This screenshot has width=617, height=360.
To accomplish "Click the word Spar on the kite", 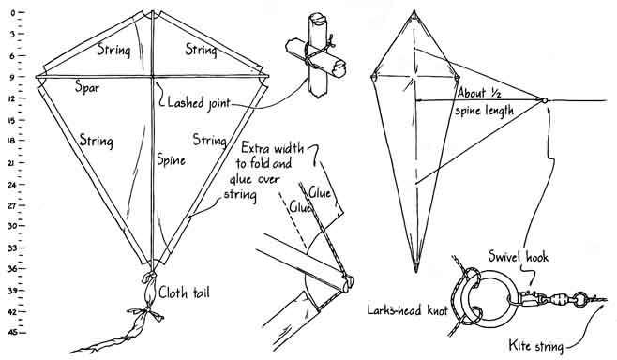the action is (87, 87).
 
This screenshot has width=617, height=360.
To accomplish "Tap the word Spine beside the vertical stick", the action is (171, 159).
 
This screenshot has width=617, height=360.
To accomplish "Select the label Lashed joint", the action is (199, 103).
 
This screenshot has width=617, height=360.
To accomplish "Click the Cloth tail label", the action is (184, 292).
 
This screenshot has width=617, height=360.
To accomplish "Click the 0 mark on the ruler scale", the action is (13, 12).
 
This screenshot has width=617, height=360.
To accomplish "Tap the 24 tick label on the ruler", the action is (12, 184).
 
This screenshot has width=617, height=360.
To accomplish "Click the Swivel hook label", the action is (519, 257).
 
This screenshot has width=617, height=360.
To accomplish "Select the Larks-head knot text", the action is (408, 310).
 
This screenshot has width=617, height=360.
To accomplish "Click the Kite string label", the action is (536, 346).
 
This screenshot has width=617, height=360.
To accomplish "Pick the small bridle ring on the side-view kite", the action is (545, 100).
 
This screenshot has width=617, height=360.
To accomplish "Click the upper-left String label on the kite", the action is (113, 50).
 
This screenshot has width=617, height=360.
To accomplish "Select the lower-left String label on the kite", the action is (96, 141).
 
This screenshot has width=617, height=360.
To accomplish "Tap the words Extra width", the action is (272, 148).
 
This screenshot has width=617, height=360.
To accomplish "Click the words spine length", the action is (485, 111).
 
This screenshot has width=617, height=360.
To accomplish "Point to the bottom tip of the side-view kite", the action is (416, 272).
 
